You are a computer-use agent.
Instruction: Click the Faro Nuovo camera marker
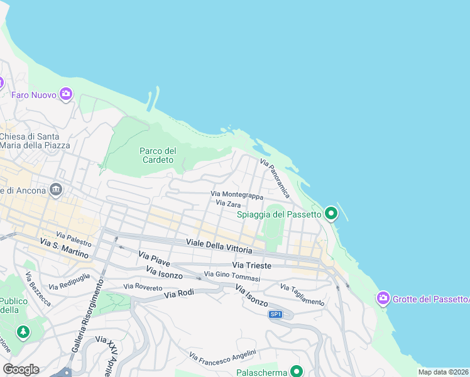click(66, 95)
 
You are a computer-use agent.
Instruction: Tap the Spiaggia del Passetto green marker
click(331, 214)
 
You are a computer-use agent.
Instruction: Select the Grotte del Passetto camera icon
click(383, 298)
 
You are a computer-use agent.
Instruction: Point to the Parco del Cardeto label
click(158, 155)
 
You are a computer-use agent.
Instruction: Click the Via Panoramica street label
click(275, 178)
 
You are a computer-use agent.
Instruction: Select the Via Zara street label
click(228, 204)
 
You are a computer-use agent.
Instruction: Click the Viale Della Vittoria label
click(219, 245)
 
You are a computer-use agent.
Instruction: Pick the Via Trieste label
click(251, 266)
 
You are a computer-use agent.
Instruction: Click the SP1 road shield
click(275, 314)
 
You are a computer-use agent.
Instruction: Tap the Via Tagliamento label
click(302, 295)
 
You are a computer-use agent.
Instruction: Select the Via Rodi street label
click(180, 293)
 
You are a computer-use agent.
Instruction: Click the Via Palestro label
click(74, 238)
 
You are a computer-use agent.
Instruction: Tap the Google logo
click(21, 369)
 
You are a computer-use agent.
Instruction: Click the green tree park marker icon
click(23, 331)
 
